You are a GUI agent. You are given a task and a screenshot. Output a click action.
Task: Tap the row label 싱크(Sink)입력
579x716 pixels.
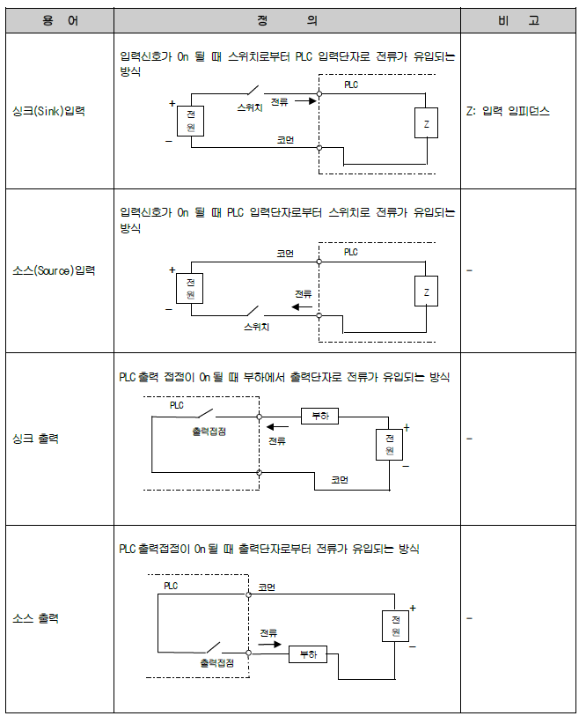tap(59, 113)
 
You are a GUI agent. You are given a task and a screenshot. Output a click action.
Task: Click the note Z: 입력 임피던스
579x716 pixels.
tap(508, 113)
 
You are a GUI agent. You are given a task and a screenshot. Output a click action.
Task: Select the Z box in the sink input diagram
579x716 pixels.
tap(426, 124)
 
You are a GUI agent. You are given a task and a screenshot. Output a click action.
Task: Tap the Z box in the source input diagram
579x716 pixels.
tap(426, 292)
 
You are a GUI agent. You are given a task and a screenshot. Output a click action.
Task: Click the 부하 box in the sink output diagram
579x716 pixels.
tap(319, 416)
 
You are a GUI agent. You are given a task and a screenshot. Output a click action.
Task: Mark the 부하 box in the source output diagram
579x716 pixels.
tap(307, 654)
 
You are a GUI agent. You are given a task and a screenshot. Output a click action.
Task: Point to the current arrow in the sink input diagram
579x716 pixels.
tap(304, 101)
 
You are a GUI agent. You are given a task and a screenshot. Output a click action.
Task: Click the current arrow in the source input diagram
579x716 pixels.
tap(303, 307)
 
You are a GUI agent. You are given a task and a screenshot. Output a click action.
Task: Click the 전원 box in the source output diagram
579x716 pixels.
tap(395, 626)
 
